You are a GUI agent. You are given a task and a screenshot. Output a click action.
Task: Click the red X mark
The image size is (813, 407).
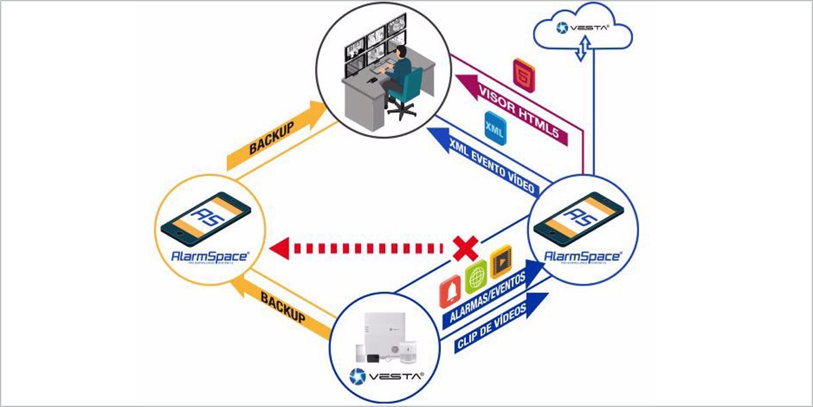464,248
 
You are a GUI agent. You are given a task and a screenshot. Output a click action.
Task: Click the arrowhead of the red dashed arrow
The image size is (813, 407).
278,248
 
